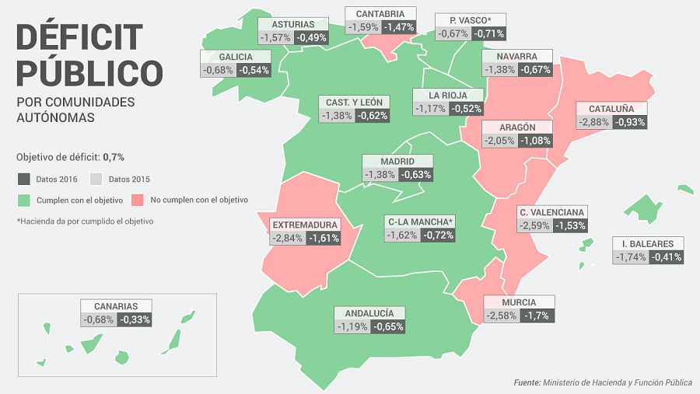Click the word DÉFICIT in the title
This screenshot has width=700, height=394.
point(80,38)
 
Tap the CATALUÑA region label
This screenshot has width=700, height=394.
point(611,109)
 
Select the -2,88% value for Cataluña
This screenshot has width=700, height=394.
point(593,122)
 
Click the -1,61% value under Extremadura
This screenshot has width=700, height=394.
point(324,238)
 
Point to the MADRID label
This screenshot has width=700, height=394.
point(397,161)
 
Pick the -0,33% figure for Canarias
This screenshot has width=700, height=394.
point(135,319)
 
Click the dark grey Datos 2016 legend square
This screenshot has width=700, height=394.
point(23,179)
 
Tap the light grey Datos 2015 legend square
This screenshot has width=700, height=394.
point(97,179)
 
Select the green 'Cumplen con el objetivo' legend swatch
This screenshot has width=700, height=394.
point(23,200)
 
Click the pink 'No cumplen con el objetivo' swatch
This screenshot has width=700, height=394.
point(138,200)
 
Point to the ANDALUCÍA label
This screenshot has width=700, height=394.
point(369,313)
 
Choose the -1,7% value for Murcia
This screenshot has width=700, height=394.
point(537,316)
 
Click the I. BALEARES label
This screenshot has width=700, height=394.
point(647,243)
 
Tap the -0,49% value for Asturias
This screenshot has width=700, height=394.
point(310,37)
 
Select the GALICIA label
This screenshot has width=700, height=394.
point(236,57)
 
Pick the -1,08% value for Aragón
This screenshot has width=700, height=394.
point(534,141)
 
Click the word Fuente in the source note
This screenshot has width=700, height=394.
point(527,382)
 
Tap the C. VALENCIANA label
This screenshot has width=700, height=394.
point(551,212)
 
